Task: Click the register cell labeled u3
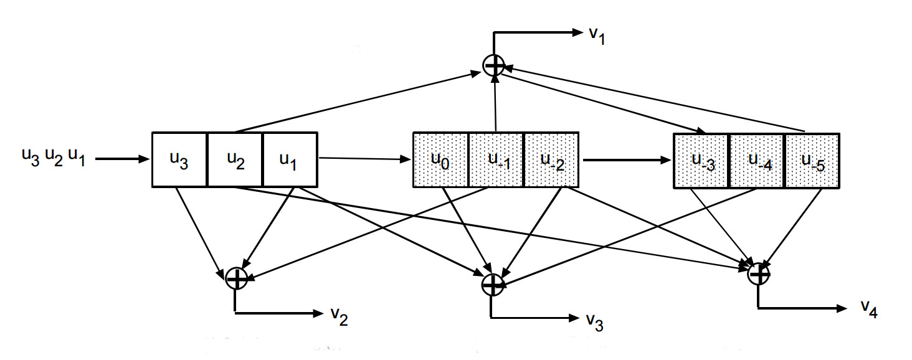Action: point(179,159)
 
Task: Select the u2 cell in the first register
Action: point(235,159)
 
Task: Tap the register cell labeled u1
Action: point(290,159)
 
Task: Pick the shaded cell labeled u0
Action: point(440,159)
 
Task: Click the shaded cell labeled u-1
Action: point(496,159)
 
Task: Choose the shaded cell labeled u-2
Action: point(551,159)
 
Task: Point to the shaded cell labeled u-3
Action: point(701,159)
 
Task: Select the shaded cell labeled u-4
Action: point(756,159)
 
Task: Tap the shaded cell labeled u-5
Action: point(812,159)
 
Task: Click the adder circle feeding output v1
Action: point(494,65)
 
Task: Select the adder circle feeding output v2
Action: point(236,278)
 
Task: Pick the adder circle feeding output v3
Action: point(493,284)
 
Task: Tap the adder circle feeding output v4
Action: point(758,273)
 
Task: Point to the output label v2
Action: point(340,317)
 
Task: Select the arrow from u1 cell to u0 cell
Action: point(365,159)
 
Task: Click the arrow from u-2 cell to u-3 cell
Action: point(626,160)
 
